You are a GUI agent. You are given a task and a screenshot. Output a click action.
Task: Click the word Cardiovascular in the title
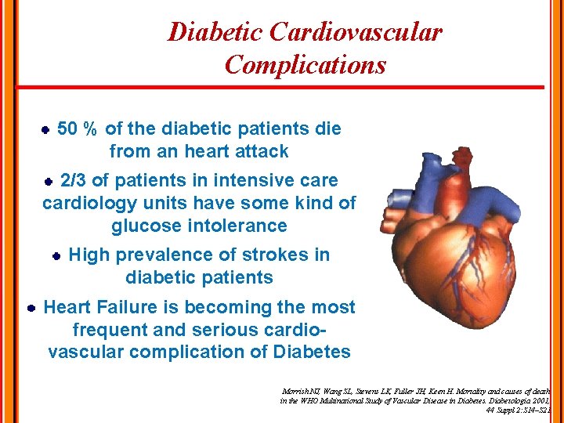pyautogui.click(x=355, y=32)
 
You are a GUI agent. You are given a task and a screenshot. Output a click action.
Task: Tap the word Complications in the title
pyautogui.click(x=305, y=64)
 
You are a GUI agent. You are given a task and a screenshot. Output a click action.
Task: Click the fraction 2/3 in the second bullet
pyautogui.click(x=74, y=180)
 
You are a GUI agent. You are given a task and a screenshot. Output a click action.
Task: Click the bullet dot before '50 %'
pyautogui.click(x=45, y=129)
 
